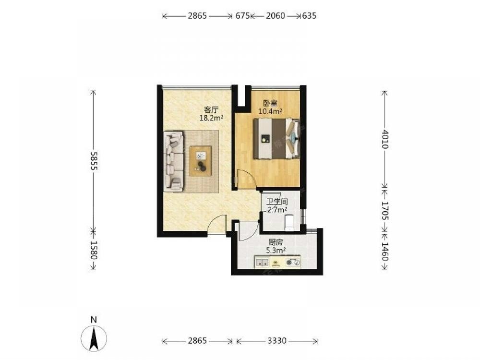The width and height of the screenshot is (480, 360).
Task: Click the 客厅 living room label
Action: (211, 110)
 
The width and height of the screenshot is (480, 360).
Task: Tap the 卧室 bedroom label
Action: (270, 103)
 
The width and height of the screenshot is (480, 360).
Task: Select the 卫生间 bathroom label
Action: (277, 202)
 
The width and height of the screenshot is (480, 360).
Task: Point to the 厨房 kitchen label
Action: (276, 243)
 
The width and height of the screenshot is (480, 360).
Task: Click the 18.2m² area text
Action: (211, 118)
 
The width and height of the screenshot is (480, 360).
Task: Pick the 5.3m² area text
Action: (276, 251)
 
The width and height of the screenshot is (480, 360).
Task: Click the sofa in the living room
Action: (174, 161)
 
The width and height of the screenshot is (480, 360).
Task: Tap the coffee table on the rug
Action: (201, 161)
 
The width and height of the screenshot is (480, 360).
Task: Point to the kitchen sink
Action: (262, 263)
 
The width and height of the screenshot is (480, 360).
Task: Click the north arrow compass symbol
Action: (94, 338)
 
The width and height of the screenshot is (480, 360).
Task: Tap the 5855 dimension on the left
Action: (94, 161)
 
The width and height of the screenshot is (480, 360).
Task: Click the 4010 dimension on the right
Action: (384, 139)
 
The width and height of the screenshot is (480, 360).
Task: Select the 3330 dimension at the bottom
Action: (277, 341)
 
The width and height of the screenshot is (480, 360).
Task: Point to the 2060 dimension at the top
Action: (275, 16)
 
